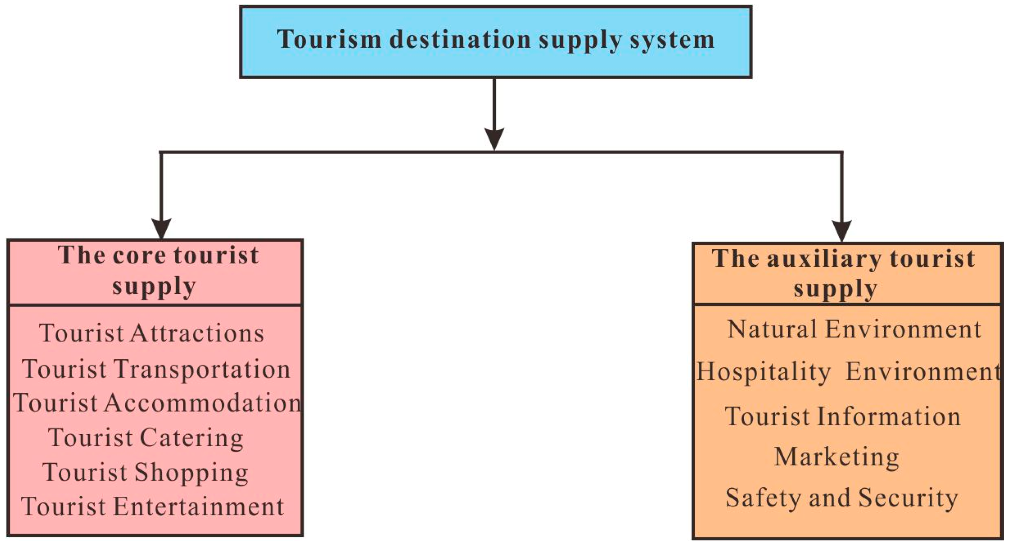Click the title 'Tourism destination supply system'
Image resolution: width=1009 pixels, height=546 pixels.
pyautogui.click(x=496, y=40)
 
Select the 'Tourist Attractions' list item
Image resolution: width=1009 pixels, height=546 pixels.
pyautogui.click(x=152, y=334)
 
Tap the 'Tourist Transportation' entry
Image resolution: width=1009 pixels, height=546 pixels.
pyautogui.click(x=156, y=369)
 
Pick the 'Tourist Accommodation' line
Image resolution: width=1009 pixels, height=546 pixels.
pyautogui.click(x=157, y=403)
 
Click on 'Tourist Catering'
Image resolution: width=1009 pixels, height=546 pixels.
pyautogui.click(x=146, y=437)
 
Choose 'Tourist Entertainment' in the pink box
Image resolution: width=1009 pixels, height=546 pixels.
pyautogui.click(x=153, y=506)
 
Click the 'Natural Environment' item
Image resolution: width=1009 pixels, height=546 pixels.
pyautogui.click(x=854, y=329)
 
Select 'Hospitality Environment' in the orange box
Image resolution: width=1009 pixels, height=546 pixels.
pyautogui.click(x=848, y=371)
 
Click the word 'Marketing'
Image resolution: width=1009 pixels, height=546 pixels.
pyautogui.click(x=837, y=457)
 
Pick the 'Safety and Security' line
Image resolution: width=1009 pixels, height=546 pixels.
pyautogui.click(x=842, y=498)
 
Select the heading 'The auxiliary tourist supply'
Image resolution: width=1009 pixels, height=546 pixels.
pyautogui.click(x=843, y=273)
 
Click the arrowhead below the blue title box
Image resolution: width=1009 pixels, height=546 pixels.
pyautogui.click(x=494, y=138)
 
